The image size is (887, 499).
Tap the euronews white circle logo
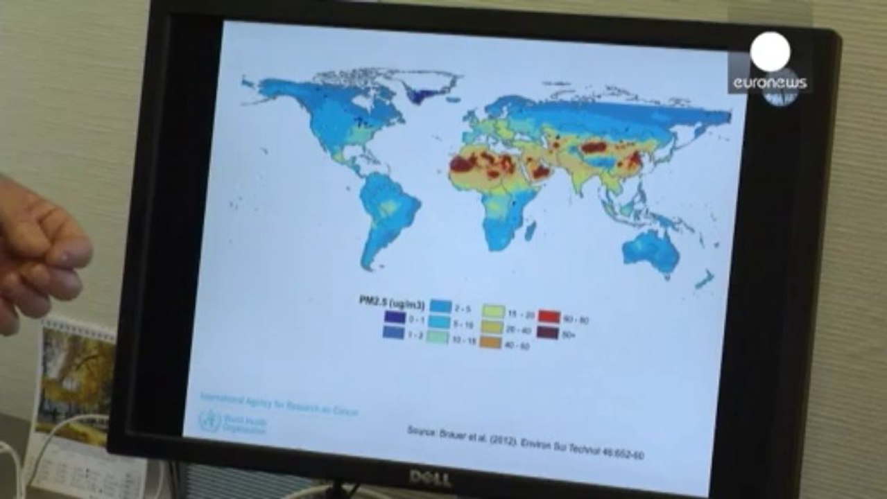pos(770,52)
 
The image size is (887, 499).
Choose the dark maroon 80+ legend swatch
pos(549,332)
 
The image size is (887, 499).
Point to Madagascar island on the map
pos(530,230)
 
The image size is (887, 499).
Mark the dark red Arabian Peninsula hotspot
pos(540,171)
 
